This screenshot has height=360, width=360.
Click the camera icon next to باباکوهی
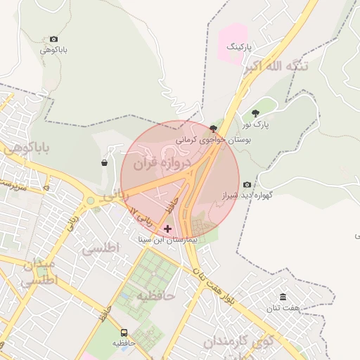(54, 39)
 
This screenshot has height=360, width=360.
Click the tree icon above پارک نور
(255, 112)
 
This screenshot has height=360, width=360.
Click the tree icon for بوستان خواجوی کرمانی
(214, 128)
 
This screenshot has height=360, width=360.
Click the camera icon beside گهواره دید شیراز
(247, 185)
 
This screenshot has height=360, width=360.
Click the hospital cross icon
(167, 229)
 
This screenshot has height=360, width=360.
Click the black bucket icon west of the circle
(105, 163)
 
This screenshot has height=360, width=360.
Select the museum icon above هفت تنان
(283, 297)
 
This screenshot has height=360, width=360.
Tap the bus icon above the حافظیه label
(124, 332)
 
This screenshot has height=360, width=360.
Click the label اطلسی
(101, 248)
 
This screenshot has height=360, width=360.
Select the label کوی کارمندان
(239, 342)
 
